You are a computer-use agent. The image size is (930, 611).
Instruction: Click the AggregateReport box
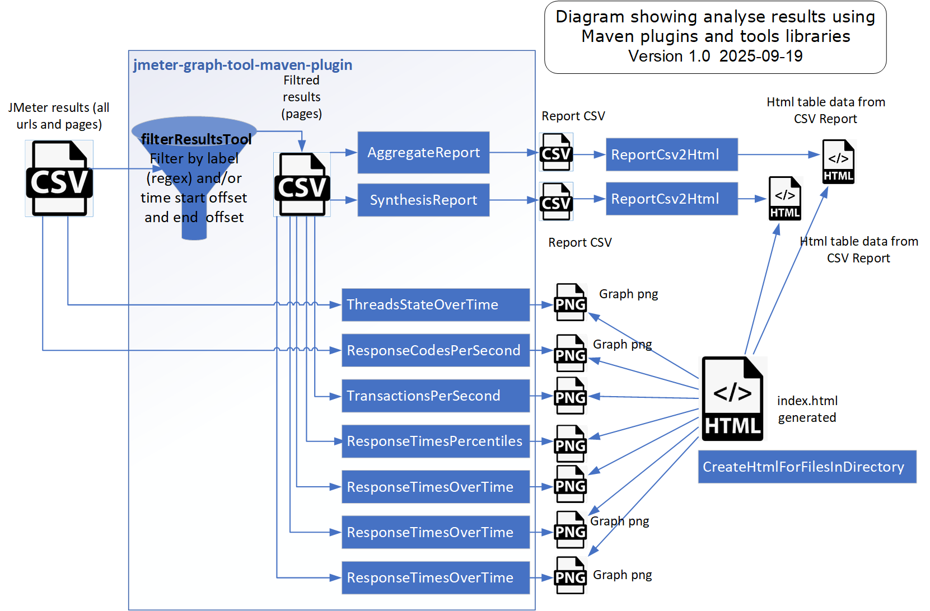423,153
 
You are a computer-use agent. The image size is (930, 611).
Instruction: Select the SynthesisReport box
423,200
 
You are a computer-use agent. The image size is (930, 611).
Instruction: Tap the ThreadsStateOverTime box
435,305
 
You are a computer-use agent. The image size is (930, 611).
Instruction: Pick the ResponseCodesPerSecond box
435,351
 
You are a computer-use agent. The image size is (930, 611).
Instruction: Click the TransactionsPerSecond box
435,396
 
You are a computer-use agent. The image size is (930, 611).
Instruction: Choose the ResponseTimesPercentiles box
435,441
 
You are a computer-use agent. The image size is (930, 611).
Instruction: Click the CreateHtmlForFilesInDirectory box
806,467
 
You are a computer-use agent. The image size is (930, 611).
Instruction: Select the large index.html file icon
732,399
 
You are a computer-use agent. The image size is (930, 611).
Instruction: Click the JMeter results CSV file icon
59,178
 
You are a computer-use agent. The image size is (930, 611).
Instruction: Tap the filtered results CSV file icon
302,185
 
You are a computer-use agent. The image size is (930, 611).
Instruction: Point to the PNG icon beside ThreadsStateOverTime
570,303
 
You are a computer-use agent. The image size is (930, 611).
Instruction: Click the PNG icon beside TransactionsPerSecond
570,396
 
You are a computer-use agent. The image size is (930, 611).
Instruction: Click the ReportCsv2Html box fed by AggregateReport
671,155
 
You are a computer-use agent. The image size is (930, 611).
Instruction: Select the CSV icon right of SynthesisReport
556,201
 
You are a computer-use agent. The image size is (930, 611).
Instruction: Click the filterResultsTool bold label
196,139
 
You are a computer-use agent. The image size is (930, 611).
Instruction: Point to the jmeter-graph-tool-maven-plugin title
242,65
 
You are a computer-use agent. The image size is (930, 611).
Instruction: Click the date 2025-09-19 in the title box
761,57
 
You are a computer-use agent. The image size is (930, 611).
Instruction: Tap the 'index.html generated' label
807,410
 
